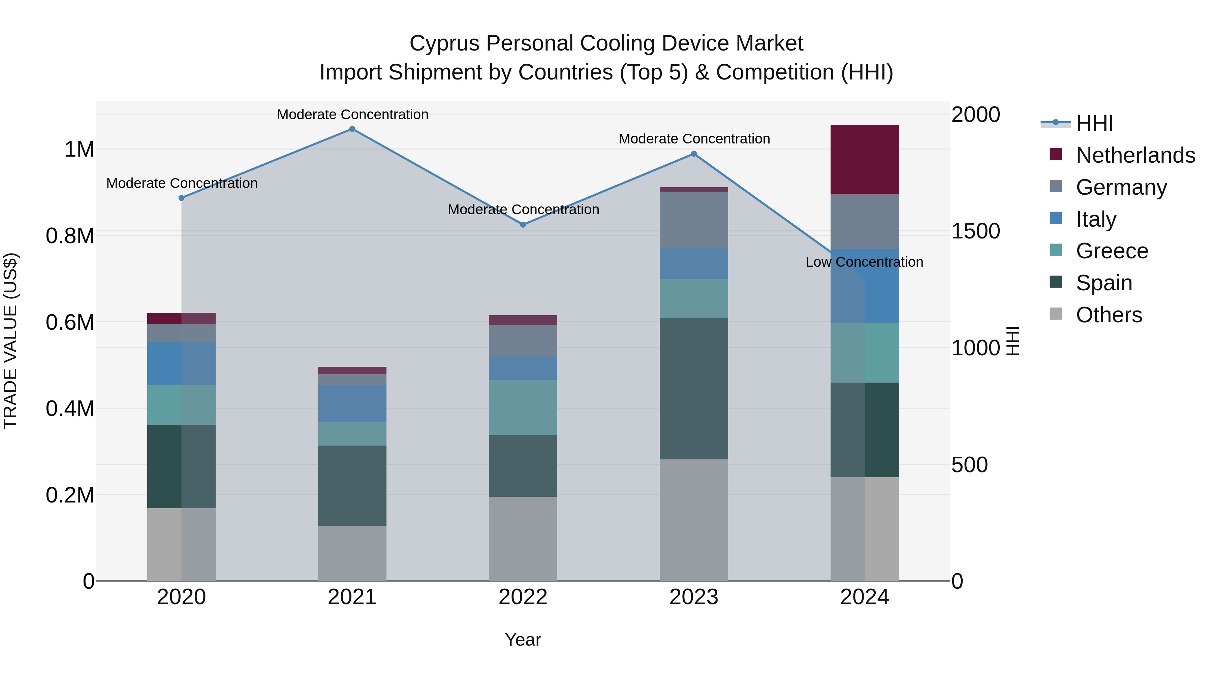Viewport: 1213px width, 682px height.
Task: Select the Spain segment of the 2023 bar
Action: pyautogui.click(x=694, y=389)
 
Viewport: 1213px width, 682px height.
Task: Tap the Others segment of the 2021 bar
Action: pyautogui.click(x=352, y=553)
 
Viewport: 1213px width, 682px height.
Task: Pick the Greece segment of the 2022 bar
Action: pyautogui.click(x=523, y=408)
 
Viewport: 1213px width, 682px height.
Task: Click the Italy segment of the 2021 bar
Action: pyautogui.click(x=352, y=404)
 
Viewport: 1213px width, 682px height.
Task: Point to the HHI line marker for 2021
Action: pyautogui.click(x=352, y=129)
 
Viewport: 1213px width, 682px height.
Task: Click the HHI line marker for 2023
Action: pyautogui.click(x=694, y=154)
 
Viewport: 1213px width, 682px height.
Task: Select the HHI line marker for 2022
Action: pyautogui.click(x=523, y=225)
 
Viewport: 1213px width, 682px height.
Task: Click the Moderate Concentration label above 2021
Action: pyautogui.click(x=352, y=115)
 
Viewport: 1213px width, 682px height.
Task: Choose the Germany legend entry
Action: pyautogui.click(x=1121, y=187)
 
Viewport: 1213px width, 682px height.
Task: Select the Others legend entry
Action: pyautogui.click(x=1109, y=315)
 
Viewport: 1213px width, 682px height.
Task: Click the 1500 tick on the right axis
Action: pyautogui.click(x=975, y=231)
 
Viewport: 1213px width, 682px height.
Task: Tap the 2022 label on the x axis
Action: pyautogui.click(x=523, y=597)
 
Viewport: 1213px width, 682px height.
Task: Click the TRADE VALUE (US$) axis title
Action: pyautogui.click(x=10, y=341)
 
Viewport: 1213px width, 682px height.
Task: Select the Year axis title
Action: pyautogui.click(x=523, y=640)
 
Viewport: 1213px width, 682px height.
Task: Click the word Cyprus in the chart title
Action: pyautogui.click(x=444, y=43)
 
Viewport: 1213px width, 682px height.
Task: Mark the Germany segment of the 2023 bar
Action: pyautogui.click(x=694, y=220)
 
